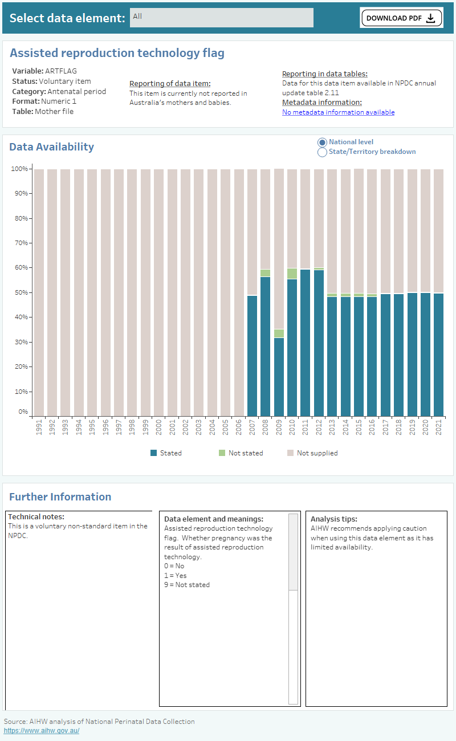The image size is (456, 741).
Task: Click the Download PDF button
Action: click(x=401, y=18)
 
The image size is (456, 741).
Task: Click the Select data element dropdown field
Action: click(x=221, y=17)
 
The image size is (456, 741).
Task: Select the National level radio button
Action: click(x=322, y=142)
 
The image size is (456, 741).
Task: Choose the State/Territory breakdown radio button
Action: click(x=322, y=152)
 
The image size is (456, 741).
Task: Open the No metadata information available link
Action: click(x=338, y=112)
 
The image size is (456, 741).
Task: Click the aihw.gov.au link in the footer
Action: click(x=42, y=731)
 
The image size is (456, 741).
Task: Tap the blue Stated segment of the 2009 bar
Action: click(x=279, y=376)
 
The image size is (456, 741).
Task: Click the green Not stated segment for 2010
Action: click(x=292, y=274)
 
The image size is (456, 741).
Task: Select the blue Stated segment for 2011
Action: click(x=306, y=342)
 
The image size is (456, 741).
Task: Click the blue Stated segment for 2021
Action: click(x=438, y=354)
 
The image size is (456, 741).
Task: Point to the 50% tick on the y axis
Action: click(x=20, y=292)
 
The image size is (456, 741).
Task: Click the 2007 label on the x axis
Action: click(x=253, y=427)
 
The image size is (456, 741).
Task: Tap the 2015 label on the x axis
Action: click(x=359, y=427)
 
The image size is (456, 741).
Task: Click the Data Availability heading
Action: click(x=51, y=147)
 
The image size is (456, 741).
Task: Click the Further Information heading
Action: click(x=60, y=496)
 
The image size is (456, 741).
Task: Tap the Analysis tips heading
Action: click(x=333, y=519)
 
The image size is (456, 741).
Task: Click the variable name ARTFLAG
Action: click(x=60, y=71)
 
